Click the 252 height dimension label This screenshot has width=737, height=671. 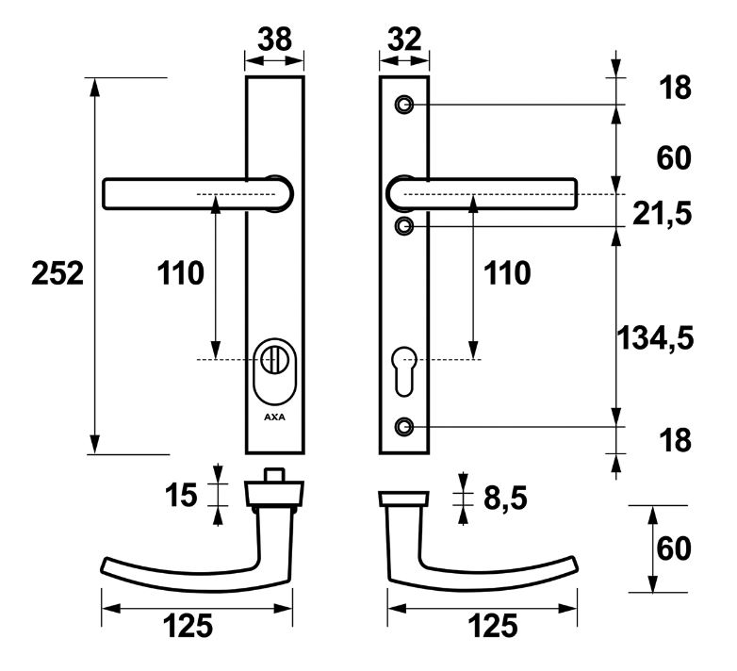coord(57,274)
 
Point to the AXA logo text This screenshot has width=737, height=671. coord(274,414)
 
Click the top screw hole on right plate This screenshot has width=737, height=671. coord(404,104)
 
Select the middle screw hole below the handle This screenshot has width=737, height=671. coord(404,226)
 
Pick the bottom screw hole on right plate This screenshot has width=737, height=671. coord(404,426)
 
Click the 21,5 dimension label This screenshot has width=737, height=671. coord(663,214)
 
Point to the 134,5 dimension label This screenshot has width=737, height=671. coord(656,337)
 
